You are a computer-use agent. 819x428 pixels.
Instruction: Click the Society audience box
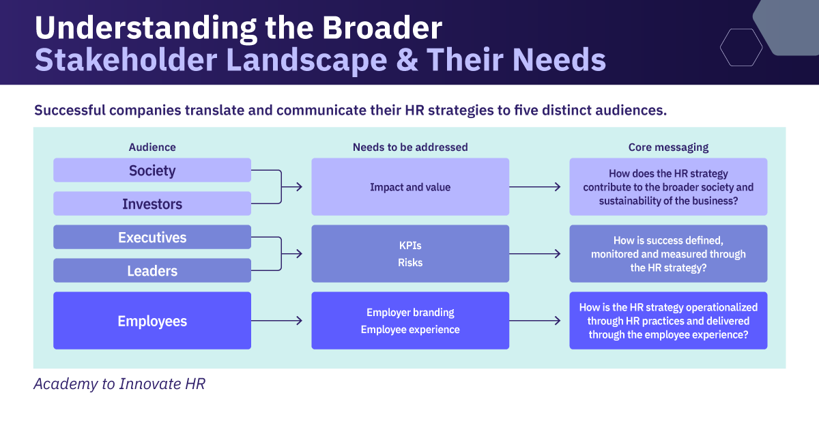(x=152, y=170)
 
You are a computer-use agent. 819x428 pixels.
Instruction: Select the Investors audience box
(x=152, y=203)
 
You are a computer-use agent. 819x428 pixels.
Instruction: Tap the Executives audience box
(x=152, y=237)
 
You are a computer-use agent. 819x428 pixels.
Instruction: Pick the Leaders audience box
(x=152, y=270)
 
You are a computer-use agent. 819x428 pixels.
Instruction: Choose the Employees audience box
(x=152, y=320)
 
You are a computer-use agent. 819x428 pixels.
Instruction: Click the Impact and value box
(x=410, y=186)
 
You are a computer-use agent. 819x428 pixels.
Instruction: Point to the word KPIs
(x=410, y=246)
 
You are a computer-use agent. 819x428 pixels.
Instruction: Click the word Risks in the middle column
(x=410, y=262)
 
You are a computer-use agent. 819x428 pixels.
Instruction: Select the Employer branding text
(x=410, y=313)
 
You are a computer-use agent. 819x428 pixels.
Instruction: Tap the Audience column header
(x=152, y=147)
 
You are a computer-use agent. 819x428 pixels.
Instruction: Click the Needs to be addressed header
(x=410, y=147)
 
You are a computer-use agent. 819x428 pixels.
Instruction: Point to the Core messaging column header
(x=668, y=147)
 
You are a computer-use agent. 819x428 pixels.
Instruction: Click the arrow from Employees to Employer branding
(x=277, y=321)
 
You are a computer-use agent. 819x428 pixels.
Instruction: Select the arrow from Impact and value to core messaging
(x=535, y=187)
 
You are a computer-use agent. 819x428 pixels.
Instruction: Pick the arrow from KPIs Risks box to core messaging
(x=535, y=254)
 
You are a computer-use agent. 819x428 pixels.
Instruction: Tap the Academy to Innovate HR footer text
(x=119, y=384)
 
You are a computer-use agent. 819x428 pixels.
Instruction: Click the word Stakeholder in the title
(x=126, y=60)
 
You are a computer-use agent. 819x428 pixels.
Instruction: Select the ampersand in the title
(x=407, y=60)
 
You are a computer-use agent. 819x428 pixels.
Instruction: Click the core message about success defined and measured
(x=668, y=254)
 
